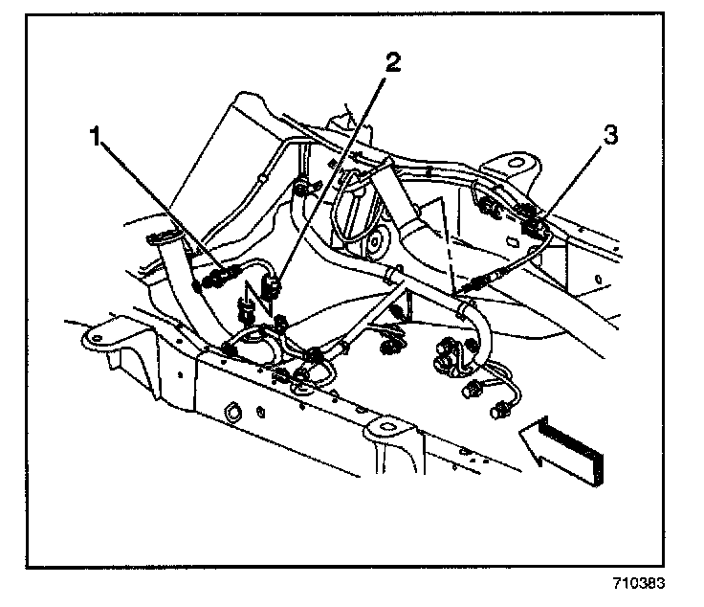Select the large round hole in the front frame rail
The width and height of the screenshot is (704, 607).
coord(231,414)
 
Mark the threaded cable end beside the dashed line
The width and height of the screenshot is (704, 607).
coord(477,283)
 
